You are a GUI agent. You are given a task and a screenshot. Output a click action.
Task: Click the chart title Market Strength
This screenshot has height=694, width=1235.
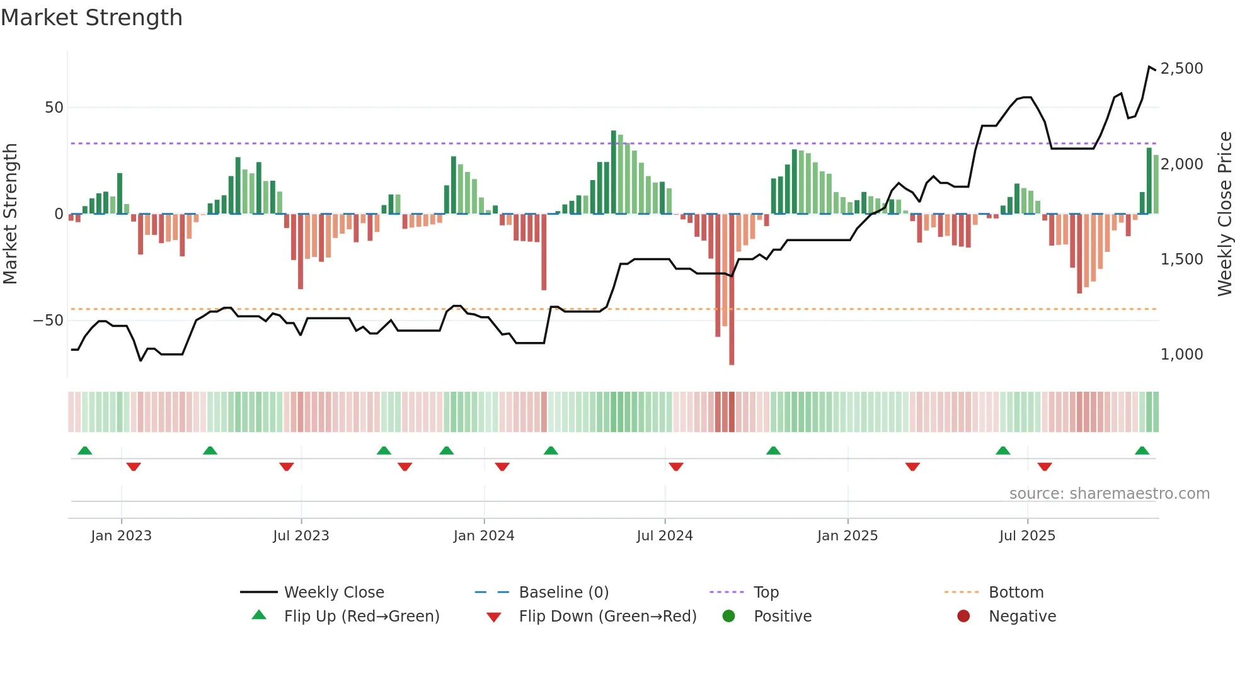pos(92,18)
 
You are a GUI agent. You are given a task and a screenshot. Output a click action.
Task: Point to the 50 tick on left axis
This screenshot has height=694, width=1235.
pos(54,108)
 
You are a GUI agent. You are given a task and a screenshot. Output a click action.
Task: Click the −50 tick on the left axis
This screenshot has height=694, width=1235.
pos(49,321)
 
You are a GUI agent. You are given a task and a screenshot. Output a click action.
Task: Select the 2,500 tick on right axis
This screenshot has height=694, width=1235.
pos(1181,69)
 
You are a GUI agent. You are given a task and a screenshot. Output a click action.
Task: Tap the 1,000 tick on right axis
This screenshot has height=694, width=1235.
pos(1181,355)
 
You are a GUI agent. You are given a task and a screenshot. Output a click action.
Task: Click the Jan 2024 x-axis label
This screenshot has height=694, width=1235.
pos(483,536)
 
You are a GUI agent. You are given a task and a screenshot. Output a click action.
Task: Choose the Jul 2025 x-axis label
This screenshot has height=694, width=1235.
pos(1026,536)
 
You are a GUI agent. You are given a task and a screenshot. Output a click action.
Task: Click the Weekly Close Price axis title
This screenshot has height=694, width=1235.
pos(1224,214)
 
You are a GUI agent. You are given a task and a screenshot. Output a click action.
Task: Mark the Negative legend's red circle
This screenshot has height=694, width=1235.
pos(963,617)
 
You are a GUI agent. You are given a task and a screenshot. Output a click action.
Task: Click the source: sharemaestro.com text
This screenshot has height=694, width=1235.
pos(1109,494)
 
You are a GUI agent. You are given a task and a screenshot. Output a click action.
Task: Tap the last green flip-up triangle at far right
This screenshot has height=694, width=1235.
pos(1142,451)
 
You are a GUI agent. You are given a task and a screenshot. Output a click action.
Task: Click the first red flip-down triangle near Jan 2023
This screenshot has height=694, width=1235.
pos(134,467)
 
